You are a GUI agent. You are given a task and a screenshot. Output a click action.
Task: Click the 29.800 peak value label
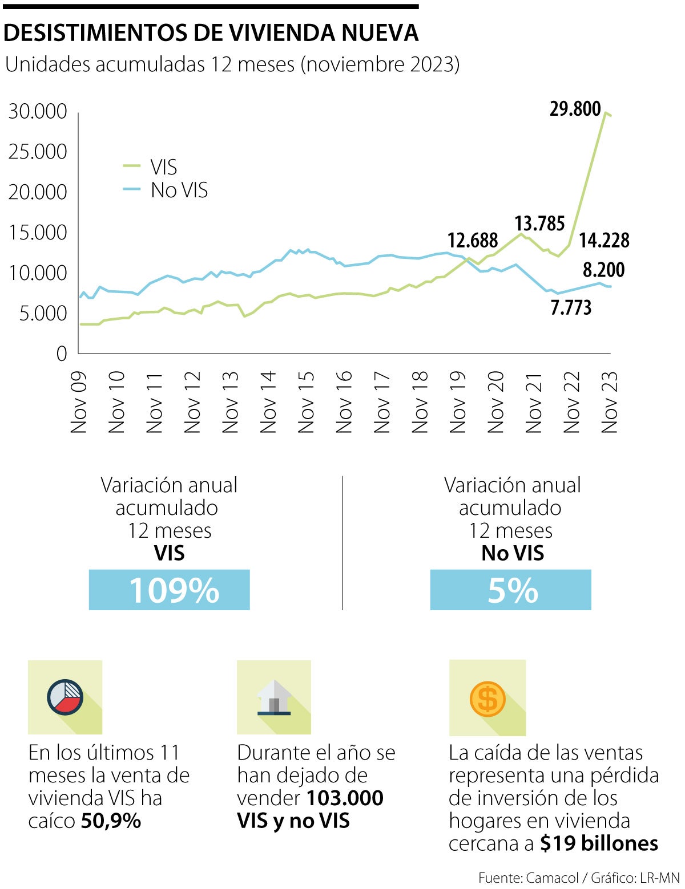(x=575, y=108)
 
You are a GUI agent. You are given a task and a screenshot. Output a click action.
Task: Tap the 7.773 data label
(x=570, y=308)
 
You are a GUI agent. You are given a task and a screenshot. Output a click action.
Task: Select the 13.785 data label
(x=539, y=224)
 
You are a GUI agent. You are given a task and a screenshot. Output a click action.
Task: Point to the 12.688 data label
(x=472, y=240)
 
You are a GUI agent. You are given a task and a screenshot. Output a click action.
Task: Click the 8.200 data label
(x=603, y=270)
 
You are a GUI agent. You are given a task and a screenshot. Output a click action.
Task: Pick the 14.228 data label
(x=604, y=240)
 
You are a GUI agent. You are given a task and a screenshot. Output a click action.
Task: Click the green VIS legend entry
(x=151, y=167)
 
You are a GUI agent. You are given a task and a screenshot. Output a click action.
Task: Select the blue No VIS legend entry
(x=166, y=190)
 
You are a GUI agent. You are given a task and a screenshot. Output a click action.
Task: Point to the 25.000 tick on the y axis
(x=38, y=152)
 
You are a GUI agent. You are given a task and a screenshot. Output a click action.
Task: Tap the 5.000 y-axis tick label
(x=43, y=313)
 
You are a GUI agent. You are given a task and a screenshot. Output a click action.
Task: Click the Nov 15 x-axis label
(x=306, y=401)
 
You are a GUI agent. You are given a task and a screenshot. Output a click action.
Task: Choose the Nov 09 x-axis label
(x=79, y=401)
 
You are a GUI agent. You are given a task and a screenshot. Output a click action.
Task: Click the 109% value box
(x=170, y=590)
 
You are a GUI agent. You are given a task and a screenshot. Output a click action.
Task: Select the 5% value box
(x=511, y=590)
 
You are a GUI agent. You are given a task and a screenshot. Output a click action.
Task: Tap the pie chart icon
(x=65, y=697)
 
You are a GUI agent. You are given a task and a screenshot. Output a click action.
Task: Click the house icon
(x=274, y=697)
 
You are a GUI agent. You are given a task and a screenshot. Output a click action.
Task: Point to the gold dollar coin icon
(x=487, y=699)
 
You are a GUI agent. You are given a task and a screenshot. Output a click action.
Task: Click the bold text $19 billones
(x=599, y=843)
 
